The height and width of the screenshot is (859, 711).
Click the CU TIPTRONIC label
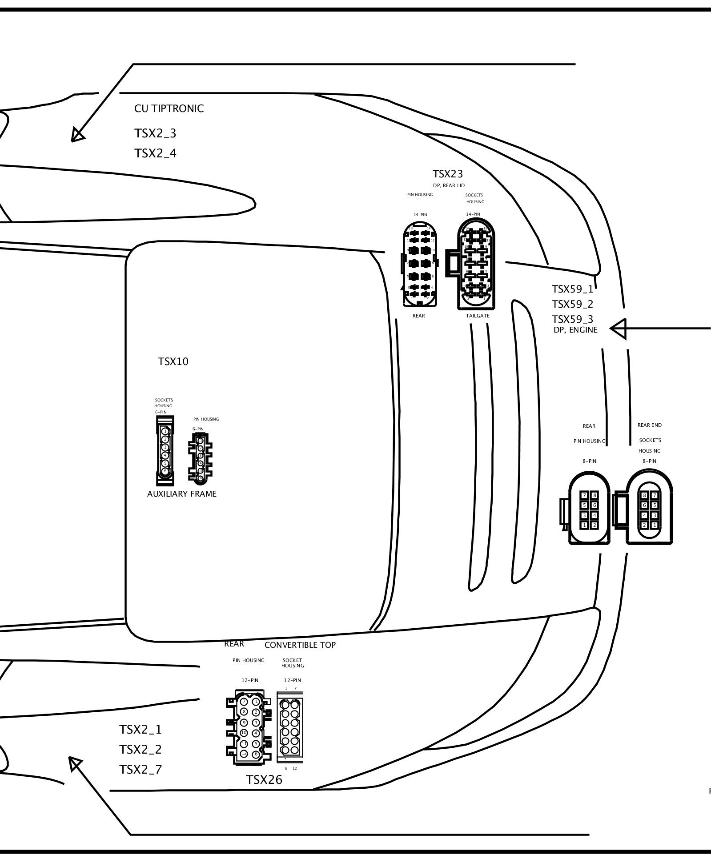pos(169,109)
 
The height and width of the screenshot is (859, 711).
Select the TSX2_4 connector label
pos(155,153)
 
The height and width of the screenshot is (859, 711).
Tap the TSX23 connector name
pos(448,174)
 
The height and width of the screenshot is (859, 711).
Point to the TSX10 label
pos(173,361)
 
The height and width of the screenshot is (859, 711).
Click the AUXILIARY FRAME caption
pos(182,494)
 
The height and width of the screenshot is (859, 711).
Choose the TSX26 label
pos(264,792)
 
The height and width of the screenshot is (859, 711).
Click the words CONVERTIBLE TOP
pos(300,645)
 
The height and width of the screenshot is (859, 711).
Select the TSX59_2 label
pos(572,304)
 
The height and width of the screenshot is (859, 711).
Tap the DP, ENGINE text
pos(575,330)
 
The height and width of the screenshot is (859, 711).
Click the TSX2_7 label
pos(141,769)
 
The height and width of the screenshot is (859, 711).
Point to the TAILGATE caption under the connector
pos(478,316)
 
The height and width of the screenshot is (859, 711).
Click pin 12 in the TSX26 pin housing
pos(244,754)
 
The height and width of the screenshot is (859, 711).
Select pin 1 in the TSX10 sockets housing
pos(165,431)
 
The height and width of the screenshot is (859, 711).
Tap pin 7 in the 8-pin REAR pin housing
pos(585,495)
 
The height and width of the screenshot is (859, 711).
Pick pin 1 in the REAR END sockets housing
pos(655,525)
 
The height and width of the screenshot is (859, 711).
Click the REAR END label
pos(650,425)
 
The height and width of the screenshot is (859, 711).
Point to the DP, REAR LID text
pos(449,185)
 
